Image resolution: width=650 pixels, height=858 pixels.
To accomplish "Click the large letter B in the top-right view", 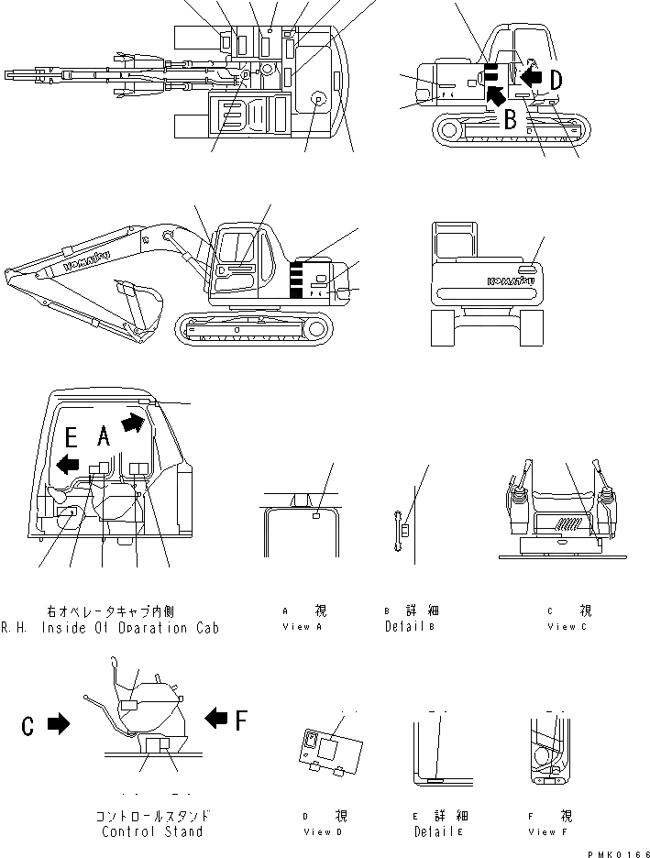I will point(512,118).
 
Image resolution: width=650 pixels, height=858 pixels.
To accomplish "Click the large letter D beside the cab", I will point(556,81).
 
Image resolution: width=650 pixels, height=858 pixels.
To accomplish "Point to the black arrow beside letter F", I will point(215,718).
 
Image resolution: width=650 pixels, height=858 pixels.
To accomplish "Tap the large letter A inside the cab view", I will point(105,438).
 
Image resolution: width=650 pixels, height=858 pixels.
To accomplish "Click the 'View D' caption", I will point(325,831).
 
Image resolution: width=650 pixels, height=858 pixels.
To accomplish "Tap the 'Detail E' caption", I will point(436,831).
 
